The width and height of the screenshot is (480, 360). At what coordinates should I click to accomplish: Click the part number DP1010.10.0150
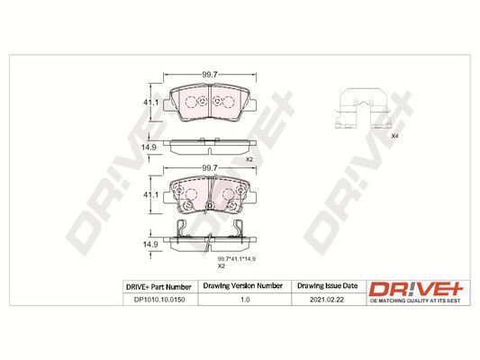(159, 300)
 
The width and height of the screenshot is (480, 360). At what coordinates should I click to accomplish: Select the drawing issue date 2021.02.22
(327, 300)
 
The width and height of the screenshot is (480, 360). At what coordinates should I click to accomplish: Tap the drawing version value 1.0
(245, 300)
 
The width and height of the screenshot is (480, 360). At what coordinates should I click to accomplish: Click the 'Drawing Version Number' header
(243, 286)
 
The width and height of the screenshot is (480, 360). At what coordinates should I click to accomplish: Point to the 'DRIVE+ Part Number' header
(158, 287)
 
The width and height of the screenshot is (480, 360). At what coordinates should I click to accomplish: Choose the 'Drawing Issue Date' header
(328, 286)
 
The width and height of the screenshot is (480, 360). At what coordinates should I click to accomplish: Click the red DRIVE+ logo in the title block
(416, 289)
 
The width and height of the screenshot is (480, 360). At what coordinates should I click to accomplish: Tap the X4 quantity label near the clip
(395, 137)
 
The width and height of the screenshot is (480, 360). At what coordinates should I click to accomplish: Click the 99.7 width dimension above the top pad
(210, 75)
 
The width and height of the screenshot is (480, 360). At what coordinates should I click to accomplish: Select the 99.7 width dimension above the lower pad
(210, 168)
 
